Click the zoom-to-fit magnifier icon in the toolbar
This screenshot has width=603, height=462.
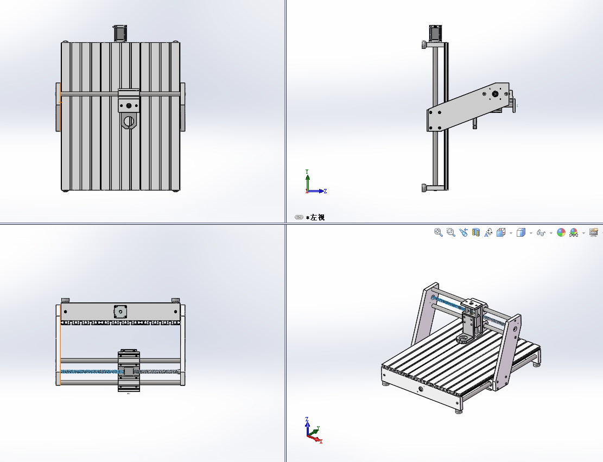tap(438, 232)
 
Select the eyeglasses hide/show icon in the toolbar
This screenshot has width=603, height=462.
tap(541, 232)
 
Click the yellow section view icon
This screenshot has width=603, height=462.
tap(476, 232)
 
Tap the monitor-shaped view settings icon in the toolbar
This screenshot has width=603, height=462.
tap(593, 232)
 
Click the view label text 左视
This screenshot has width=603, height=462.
tap(317, 217)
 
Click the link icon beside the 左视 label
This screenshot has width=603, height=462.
tap(299, 217)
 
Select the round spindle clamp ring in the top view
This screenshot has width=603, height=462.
tap(129, 122)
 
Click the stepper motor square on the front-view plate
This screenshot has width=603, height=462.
tap(119, 312)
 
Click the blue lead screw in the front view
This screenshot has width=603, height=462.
tap(87, 372)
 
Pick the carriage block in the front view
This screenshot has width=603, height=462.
tap(129, 371)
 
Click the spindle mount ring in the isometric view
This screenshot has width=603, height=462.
tap(464, 339)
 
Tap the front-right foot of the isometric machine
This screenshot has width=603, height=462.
tap(459, 410)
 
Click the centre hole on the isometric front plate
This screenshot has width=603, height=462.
tap(420, 389)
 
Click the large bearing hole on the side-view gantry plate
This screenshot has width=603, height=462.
tap(495, 94)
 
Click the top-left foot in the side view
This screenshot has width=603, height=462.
tap(423, 45)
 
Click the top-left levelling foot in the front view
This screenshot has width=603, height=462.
tap(66, 300)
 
